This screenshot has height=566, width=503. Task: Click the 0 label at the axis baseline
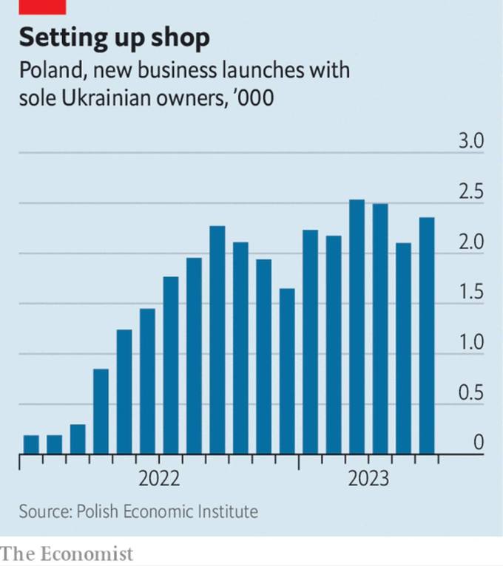pos(478,443)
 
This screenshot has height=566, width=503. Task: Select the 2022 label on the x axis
pos(159,479)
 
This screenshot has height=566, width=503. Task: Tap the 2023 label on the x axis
pos(368,479)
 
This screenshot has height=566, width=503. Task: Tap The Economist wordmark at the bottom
pos(67,553)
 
